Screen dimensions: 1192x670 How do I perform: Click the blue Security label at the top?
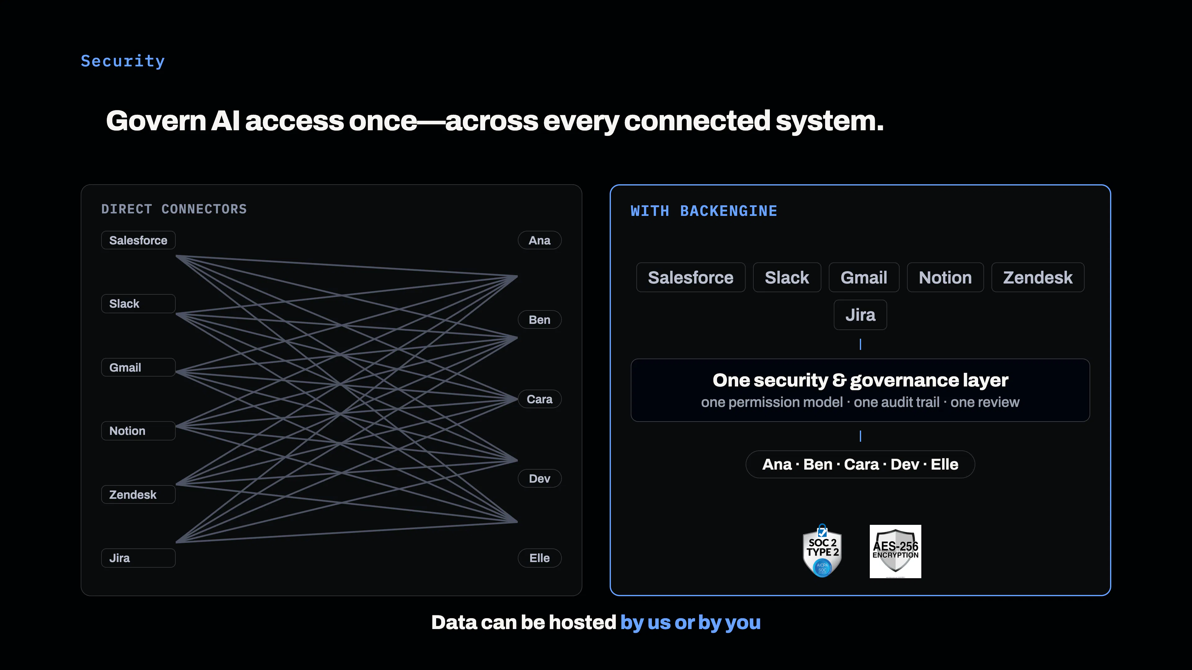(123, 61)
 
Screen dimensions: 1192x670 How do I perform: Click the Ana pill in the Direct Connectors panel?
(540, 240)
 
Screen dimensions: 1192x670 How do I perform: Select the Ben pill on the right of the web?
(540, 320)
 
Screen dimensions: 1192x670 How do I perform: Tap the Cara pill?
(540, 399)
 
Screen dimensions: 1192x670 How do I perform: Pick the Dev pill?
(540, 479)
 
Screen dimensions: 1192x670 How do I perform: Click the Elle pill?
(540, 558)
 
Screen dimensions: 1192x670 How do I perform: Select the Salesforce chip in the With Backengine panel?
(691, 277)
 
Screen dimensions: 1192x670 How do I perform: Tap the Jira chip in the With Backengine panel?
(860, 315)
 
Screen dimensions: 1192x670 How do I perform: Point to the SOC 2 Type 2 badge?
(822, 551)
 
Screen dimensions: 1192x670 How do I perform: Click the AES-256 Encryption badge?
(895, 551)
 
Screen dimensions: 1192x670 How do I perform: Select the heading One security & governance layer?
(860, 380)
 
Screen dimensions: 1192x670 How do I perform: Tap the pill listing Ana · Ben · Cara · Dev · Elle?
(860, 464)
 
